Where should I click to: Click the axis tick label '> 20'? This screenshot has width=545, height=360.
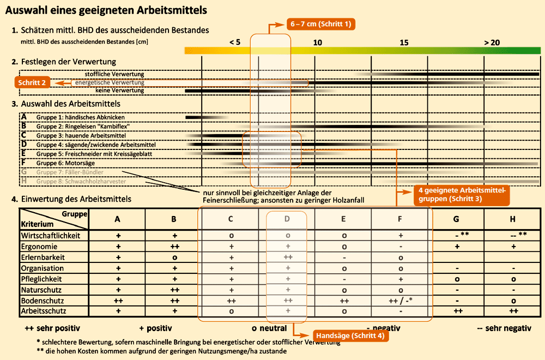[491, 43]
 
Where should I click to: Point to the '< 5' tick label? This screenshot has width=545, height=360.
[234, 43]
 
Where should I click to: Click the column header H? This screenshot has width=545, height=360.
[513, 219]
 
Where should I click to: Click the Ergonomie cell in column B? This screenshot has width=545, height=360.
[173, 247]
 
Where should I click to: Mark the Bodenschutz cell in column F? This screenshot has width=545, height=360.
[401, 301]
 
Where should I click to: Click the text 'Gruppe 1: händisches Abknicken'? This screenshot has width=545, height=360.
[80, 117]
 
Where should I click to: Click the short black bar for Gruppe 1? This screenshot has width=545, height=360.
[197, 117]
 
